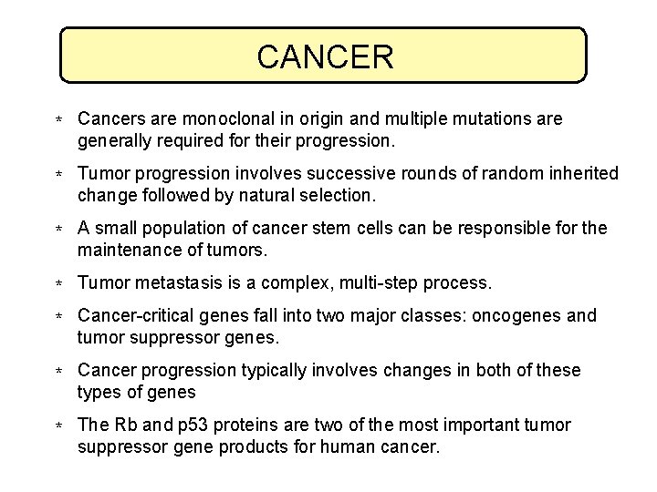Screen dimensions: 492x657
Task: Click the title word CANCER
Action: pyautogui.click(x=325, y=56)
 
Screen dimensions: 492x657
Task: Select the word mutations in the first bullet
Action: pyautogui.click(x=481, y=119)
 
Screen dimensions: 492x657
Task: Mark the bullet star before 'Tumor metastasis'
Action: pyautogui.click(x=57, y=285)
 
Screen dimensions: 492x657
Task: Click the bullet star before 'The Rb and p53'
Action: pyautogui.click(x=57, y=427)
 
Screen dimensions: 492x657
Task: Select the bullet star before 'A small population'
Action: pyautogui.click(x=57, y=230)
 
